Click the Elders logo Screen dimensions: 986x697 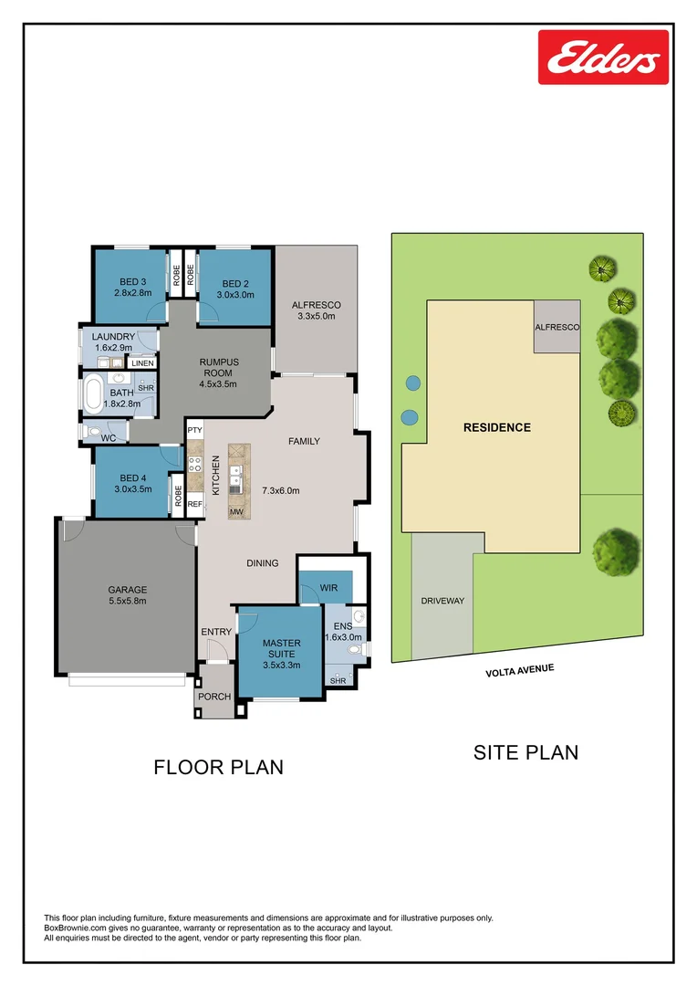click(x=603, y=57)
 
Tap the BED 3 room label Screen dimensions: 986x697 click(x=130, y=283)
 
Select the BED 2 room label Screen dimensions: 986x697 click(x=235, y=283)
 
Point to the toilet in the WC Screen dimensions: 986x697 click(x=93, y=432)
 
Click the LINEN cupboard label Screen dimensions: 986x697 click(x=142, y=363)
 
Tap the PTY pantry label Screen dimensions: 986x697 click(x=194, y=429)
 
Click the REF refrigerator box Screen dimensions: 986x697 click(x=194, y=503)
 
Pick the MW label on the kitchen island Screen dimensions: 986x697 click(x=236, y=512)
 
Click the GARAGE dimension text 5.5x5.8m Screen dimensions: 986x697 click(x=128, y=601)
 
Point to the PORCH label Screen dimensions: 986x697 click(x=214, y=697)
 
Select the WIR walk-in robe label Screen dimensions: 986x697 click(x=329, y=588)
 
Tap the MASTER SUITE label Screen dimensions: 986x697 click(x=281, y=649)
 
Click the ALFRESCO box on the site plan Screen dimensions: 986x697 click(x=557, y=327)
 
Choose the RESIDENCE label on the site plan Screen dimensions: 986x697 click(x=496, y=427)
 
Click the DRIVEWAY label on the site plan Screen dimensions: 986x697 click(x=442, y=601)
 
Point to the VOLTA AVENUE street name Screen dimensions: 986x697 click(x=520, y=671)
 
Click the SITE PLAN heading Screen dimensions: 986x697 click(x=525, y=752)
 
